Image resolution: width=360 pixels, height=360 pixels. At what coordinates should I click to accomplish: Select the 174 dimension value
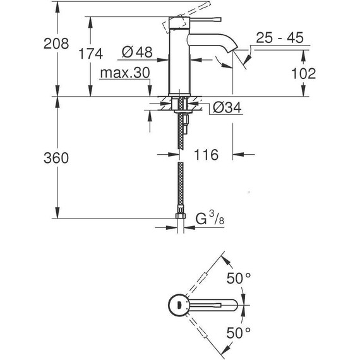point(91,54)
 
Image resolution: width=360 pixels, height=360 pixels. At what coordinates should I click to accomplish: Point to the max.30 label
point(124,73)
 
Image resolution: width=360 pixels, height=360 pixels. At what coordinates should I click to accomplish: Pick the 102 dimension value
point(304,73)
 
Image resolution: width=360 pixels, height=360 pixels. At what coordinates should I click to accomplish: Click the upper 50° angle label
point(239,278)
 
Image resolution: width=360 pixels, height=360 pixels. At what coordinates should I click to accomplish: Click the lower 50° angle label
point(239,332)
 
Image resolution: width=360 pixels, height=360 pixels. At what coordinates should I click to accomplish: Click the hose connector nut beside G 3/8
point(181,222)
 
